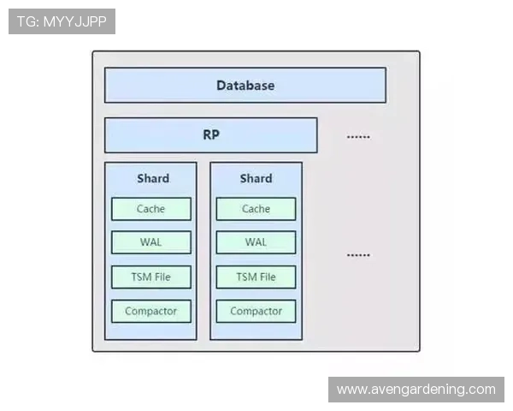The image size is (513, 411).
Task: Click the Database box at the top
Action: tap(245, 86)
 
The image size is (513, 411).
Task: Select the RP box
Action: tap(210, 135)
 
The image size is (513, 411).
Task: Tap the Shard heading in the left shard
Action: tap(153, 178)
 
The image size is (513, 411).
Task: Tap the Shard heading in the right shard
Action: tap(256, 178)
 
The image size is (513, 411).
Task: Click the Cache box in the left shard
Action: tap(151, 209)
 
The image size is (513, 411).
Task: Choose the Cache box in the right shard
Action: tap(256, 209)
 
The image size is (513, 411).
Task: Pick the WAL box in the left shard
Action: tap(151, 242)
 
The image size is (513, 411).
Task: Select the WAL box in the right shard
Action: tap(256, 242)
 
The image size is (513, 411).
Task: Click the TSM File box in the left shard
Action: tap(151, 277)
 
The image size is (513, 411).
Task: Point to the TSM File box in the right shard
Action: tap(256, 277)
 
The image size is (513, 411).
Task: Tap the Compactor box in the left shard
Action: tap(151, 311)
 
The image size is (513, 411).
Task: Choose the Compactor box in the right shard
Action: tap(256, 311)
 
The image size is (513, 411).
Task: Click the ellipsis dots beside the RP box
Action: tap(358, 137)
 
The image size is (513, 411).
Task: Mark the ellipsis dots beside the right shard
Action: tap(358, 254)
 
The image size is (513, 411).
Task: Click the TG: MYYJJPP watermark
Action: tap(62, 21)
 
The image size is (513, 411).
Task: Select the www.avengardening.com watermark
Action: tap(416, 390)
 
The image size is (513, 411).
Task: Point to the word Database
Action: tap(245, 86)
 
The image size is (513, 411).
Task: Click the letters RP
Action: tap(211, 134)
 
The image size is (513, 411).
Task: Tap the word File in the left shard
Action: tap(162, 277)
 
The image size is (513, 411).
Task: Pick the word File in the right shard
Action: tap(268, 277)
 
